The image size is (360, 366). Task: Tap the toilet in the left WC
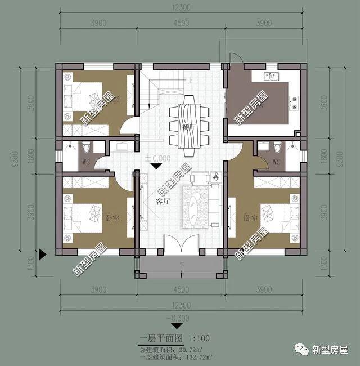click(x=87, y=149)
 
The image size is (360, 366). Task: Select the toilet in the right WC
click(x=277, y=148)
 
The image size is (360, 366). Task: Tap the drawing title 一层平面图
click(x=160, y=339)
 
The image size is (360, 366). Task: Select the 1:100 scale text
click(x=197, y=339)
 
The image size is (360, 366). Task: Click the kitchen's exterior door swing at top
click(x=235, y=59)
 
